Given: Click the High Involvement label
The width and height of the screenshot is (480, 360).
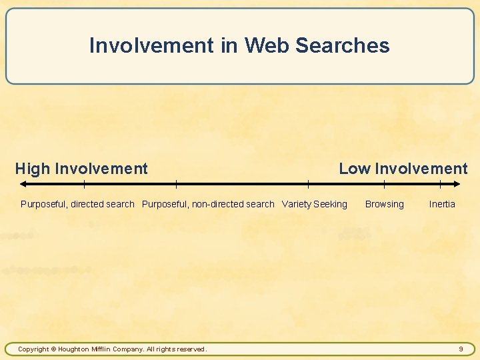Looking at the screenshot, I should click(81, 169).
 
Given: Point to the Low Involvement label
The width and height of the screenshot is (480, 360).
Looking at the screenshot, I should click(403, 169).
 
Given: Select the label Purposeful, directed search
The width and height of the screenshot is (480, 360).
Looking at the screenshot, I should click(77, 204).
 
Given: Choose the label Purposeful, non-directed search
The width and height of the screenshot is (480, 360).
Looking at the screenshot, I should click(208, 204).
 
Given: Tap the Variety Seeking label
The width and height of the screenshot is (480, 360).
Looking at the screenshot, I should click(315, 204).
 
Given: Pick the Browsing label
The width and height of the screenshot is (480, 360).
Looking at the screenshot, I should click(384, 204).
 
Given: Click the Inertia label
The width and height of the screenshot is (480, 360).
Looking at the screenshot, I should click(442, 204).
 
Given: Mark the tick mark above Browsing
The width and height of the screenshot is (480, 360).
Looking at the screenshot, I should click(385, 183).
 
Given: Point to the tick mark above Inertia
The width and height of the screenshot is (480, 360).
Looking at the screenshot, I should click(440, 183).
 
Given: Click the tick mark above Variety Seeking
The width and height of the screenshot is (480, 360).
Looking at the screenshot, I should click(308, 183).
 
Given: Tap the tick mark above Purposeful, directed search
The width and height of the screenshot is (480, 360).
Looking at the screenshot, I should click(84, 183).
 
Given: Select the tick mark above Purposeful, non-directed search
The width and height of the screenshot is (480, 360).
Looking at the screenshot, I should click(176, 183).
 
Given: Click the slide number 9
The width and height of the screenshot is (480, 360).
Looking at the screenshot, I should click(461, 349).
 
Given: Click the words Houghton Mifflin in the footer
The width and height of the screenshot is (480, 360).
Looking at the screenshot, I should click(84, 349).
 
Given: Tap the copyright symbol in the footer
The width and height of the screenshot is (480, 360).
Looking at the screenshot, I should click(53, 349).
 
